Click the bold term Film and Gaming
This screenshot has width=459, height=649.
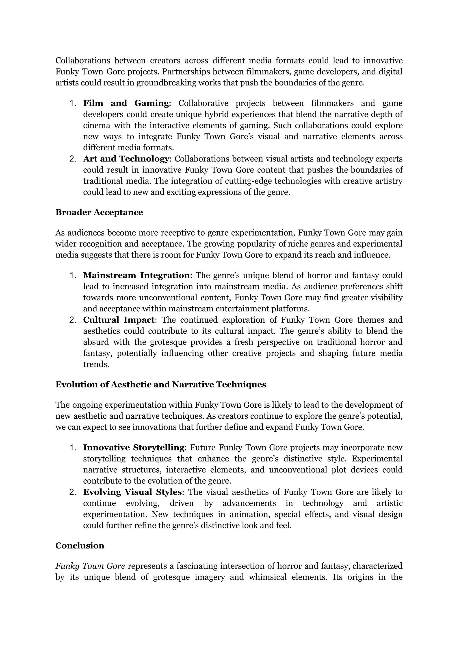126,103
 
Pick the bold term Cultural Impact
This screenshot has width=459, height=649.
119,320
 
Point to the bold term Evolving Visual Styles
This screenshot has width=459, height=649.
132,492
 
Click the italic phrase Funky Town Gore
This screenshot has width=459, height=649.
90,566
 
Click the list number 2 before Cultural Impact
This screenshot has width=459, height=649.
73,320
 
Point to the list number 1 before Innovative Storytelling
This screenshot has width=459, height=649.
73,448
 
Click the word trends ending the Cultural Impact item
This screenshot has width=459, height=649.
96,364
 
